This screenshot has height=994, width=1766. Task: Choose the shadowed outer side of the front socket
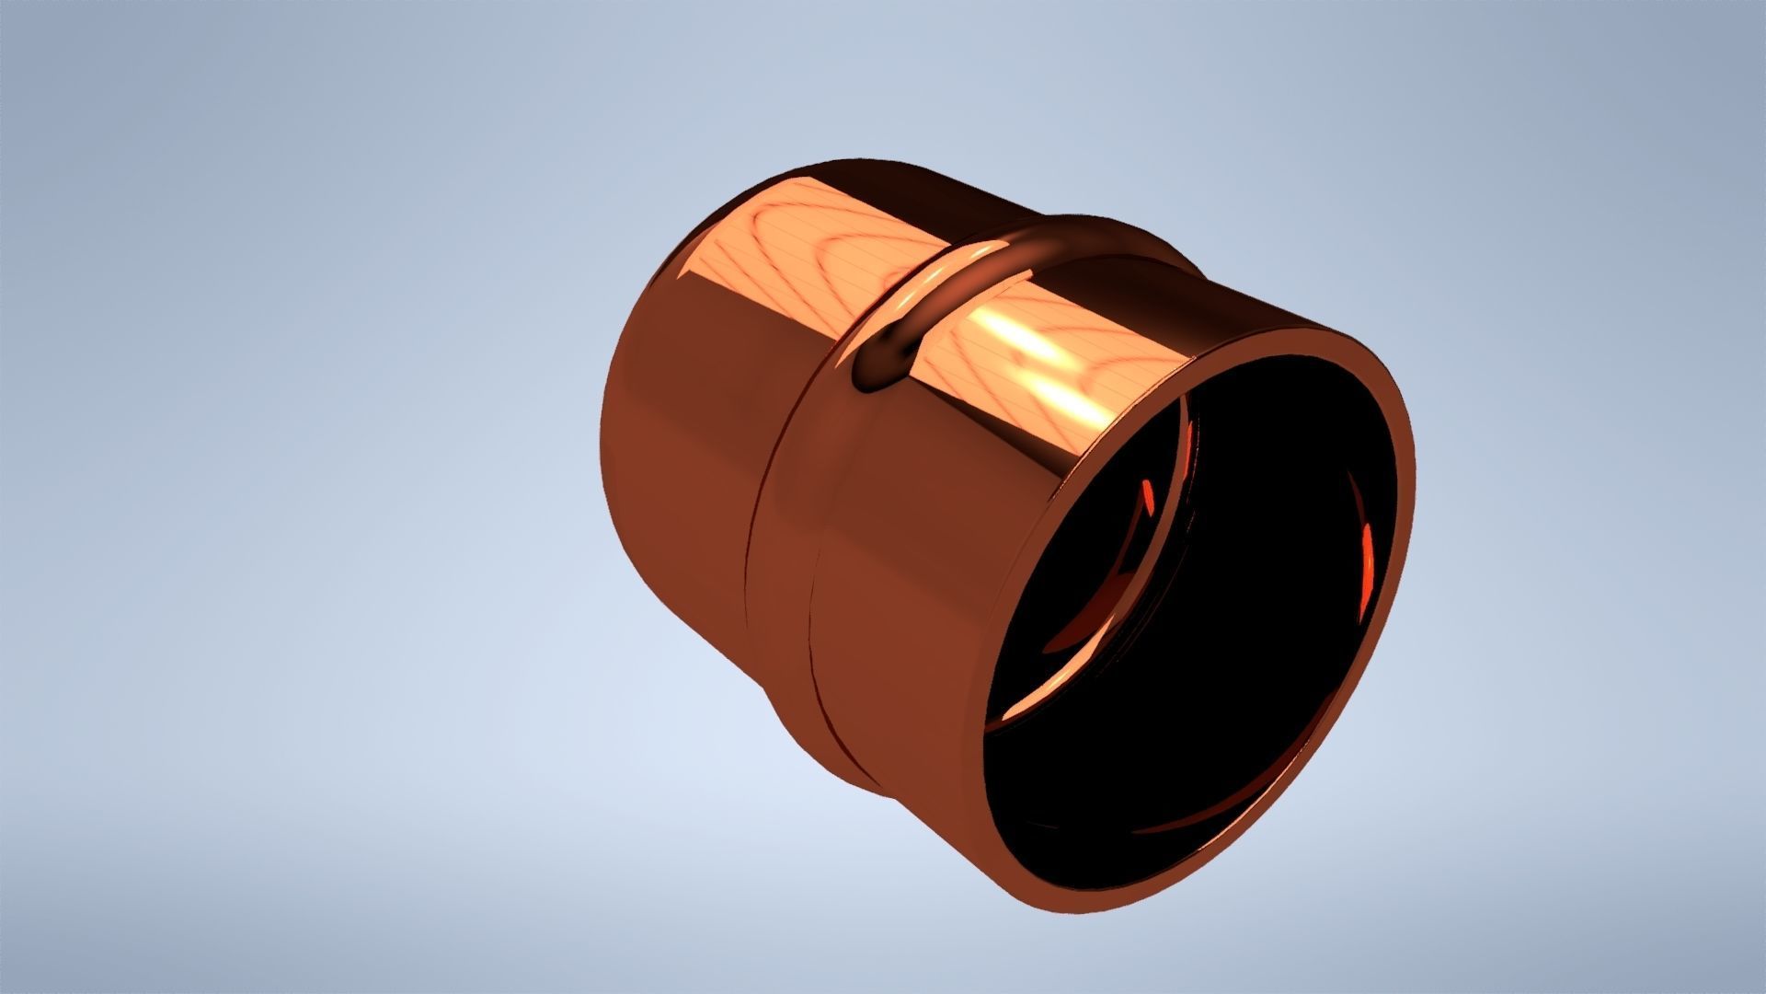(x=901, y=644)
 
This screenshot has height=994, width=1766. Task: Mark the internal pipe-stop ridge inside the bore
(x=1182, y=515)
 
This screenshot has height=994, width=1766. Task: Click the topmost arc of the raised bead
(x=1067, y=225)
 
